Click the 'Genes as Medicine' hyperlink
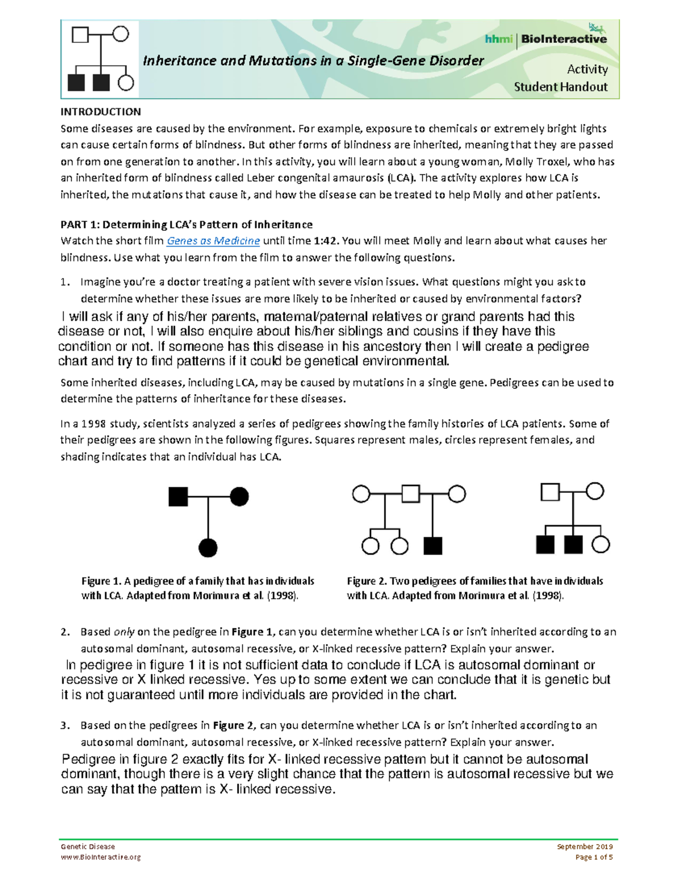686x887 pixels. (213, 241)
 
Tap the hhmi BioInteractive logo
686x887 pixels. (545, 38)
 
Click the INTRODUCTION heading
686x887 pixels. (101, 112)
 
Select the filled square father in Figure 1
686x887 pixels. (178, 496)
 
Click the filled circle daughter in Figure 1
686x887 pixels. (208, 548)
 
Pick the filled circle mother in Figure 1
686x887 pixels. (239, 496)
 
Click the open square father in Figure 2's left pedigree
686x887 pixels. (410, 493)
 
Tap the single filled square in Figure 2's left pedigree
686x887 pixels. (433, 546)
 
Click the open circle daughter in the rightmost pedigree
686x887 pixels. (600, 544)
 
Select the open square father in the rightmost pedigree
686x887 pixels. (550, 491)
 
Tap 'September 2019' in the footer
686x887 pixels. (584, 846)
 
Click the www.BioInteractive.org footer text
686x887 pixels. (101, 857)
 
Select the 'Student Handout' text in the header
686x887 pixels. (560, 87)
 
